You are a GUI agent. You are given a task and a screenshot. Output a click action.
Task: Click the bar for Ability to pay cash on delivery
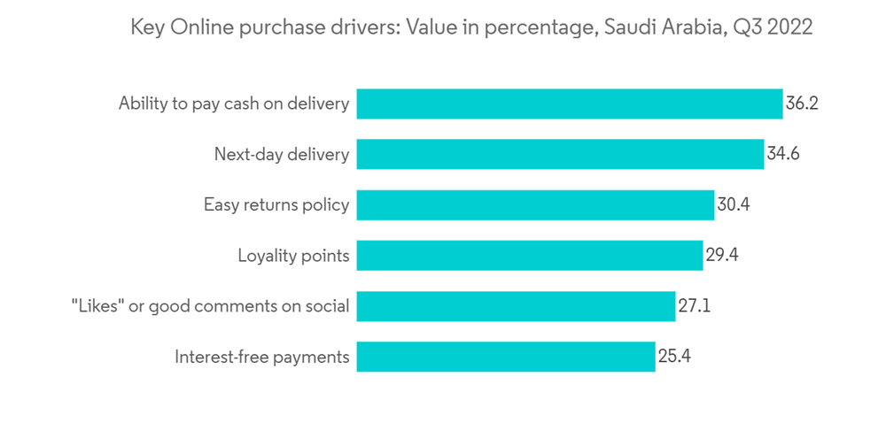point(570,104)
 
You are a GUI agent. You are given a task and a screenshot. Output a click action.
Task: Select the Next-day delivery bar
point(560,154)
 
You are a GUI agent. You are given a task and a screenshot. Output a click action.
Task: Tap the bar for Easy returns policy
point(535,205)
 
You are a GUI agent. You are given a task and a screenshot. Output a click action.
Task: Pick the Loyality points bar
point(530,256)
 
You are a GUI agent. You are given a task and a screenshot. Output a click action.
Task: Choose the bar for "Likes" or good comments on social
point(516,307)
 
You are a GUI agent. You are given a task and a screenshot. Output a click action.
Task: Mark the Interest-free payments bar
point(506,358)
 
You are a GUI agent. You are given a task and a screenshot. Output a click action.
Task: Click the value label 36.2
point(801,104)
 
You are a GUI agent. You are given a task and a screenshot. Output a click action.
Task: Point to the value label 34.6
point(783,154)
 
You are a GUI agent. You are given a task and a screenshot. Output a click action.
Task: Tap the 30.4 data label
point(734,205)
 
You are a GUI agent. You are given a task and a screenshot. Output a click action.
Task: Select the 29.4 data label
point(722,256)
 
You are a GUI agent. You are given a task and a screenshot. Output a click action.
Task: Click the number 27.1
point(695,307)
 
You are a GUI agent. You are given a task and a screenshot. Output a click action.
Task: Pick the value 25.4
point(674,358)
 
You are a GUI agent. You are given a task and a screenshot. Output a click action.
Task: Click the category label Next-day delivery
point(282,155)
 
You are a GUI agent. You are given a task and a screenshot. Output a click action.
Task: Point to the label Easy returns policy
point(276,206)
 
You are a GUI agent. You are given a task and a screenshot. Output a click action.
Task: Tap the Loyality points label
point(293,257)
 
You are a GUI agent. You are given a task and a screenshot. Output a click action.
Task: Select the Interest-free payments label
point(262,358)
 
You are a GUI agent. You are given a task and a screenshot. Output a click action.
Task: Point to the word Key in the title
point(147,28)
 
